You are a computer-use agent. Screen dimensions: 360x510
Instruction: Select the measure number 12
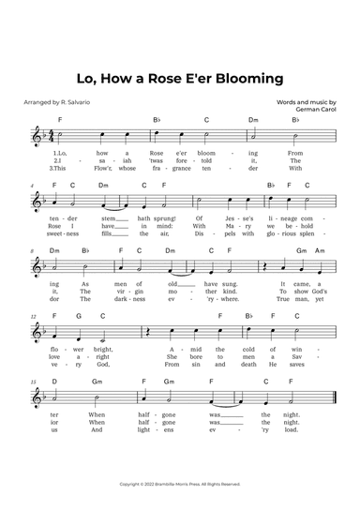coord(34,317)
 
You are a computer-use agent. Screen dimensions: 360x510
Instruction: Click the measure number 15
coord(34,382)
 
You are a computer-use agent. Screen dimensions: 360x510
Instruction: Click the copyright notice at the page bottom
coord(180,484)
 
